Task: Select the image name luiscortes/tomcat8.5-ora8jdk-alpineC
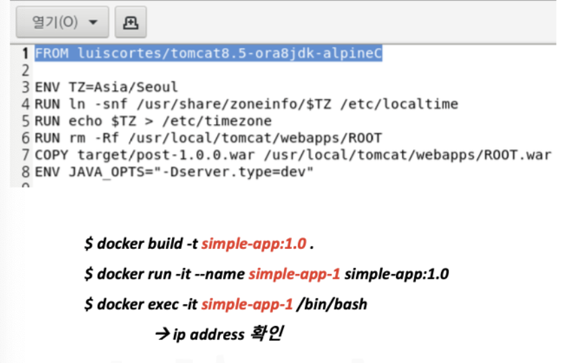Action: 230,53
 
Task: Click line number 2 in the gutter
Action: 26,70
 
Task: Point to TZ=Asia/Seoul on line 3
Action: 123,87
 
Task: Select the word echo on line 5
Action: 85,121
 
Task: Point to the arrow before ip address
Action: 163,334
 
